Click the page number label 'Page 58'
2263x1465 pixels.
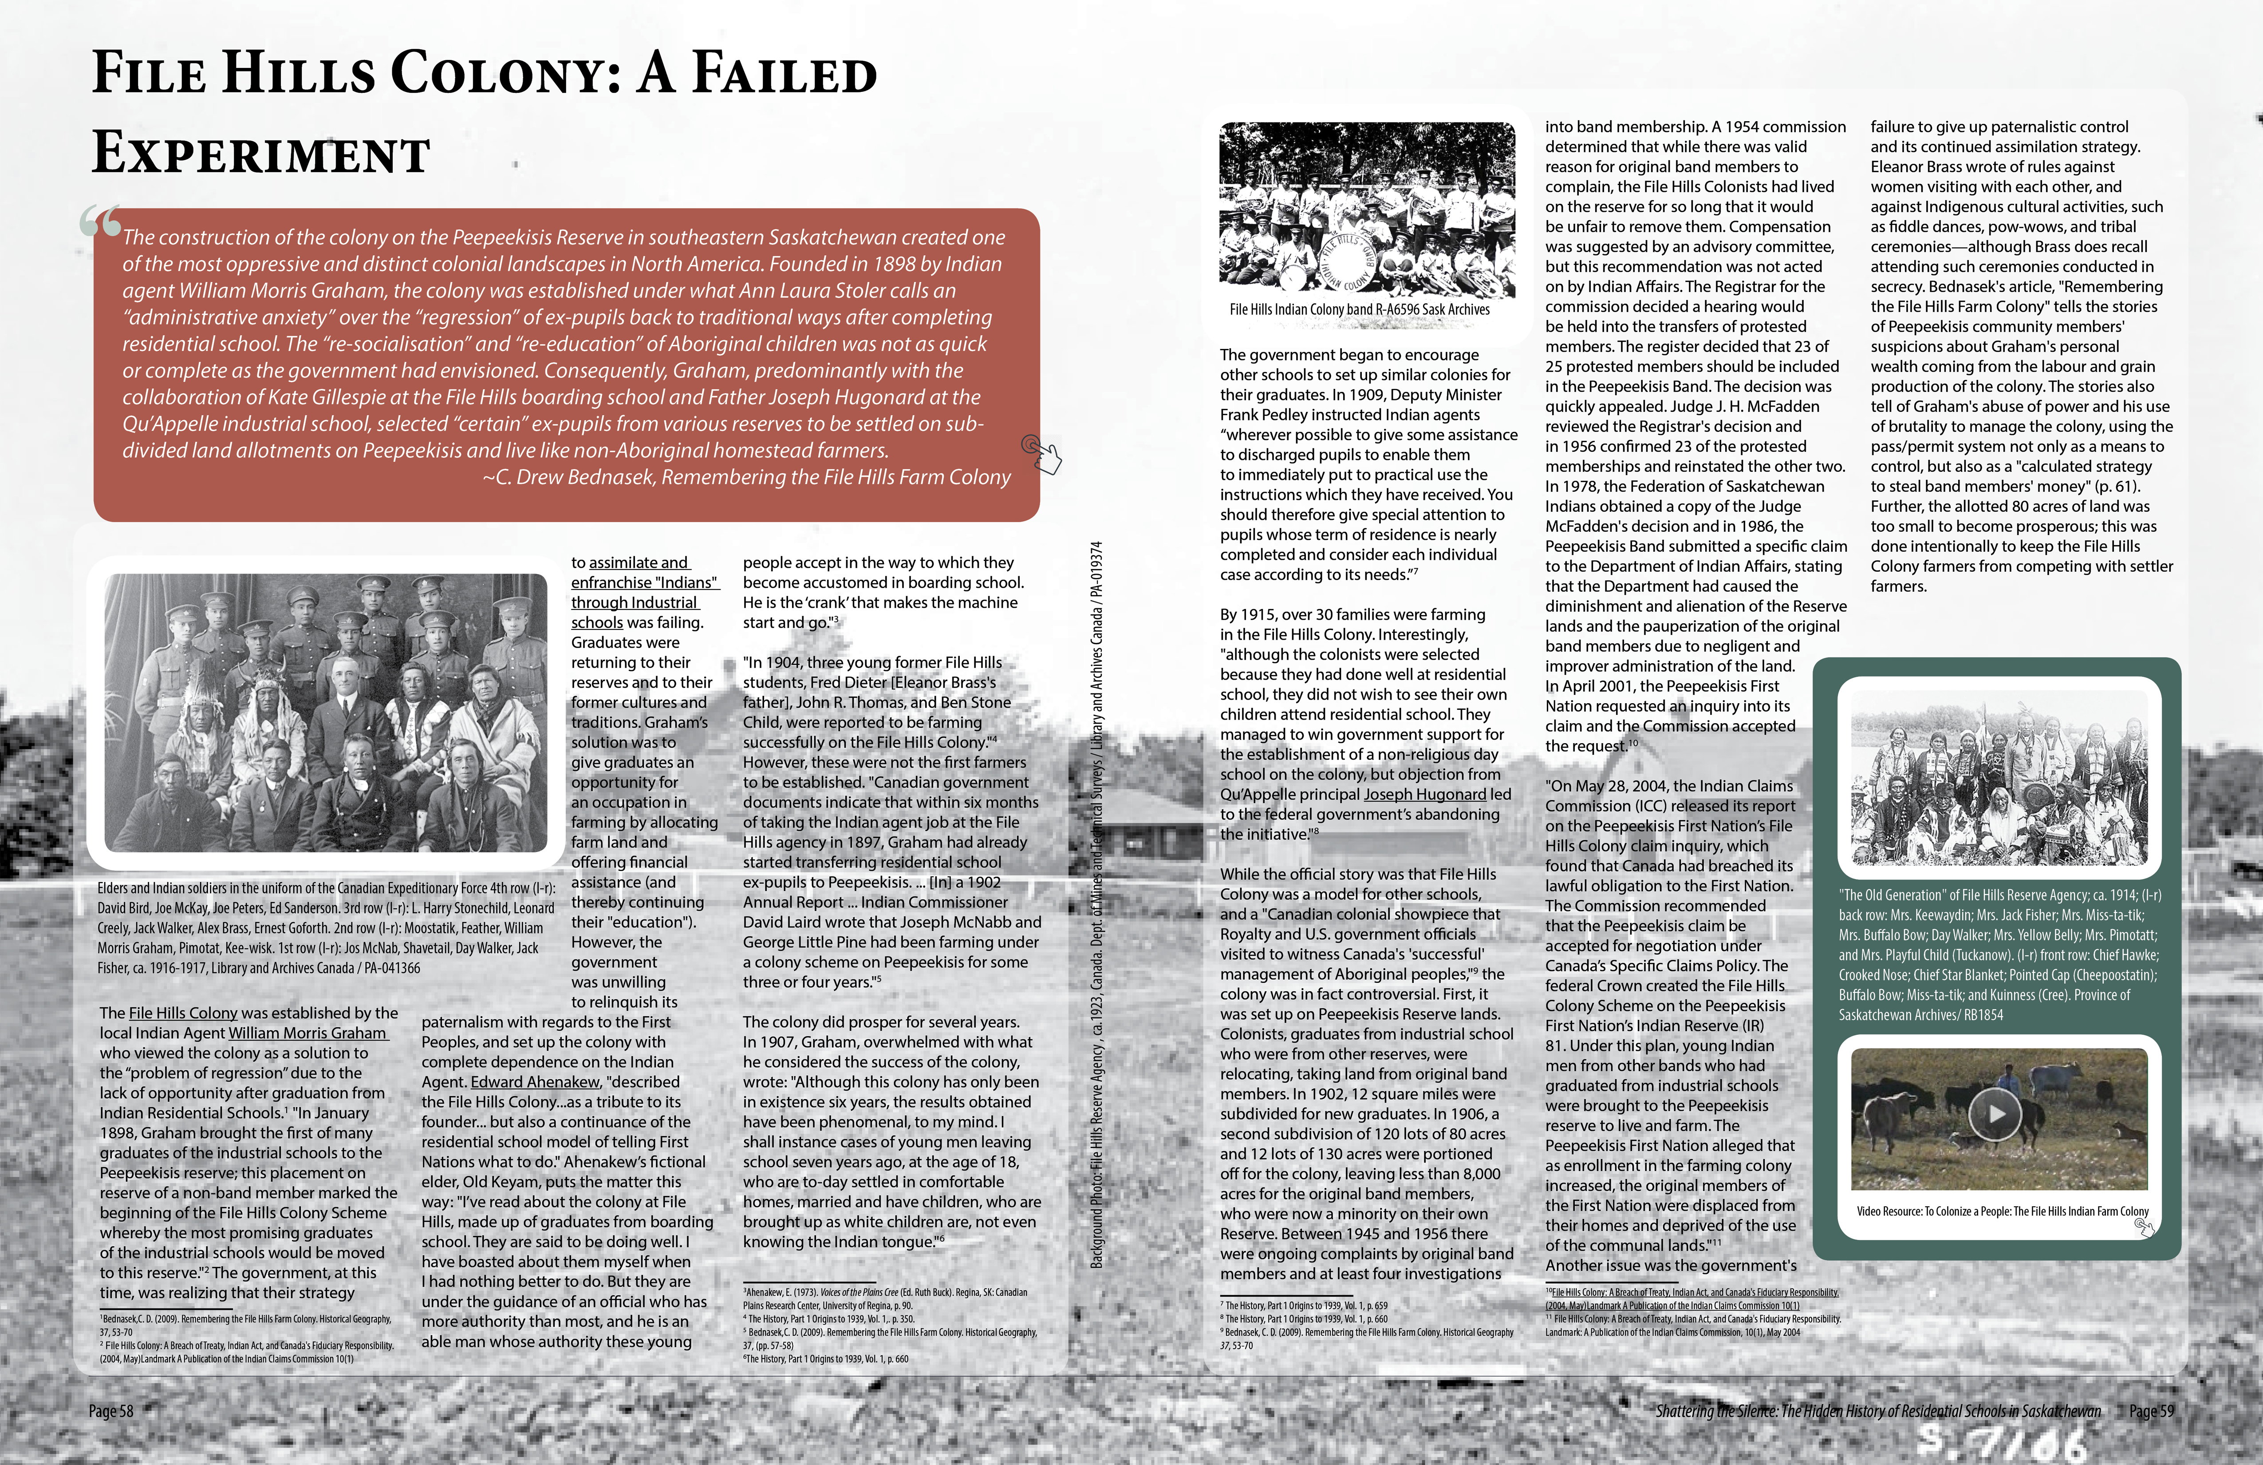(x=111, y=1411)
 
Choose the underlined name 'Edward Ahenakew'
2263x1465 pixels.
(x=535, y=1081)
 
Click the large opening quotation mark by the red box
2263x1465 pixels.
(x=101, y=222)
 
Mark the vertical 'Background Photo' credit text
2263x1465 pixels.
(x=1096, y=904)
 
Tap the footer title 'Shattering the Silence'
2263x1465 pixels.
(x=1878, y=1411)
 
